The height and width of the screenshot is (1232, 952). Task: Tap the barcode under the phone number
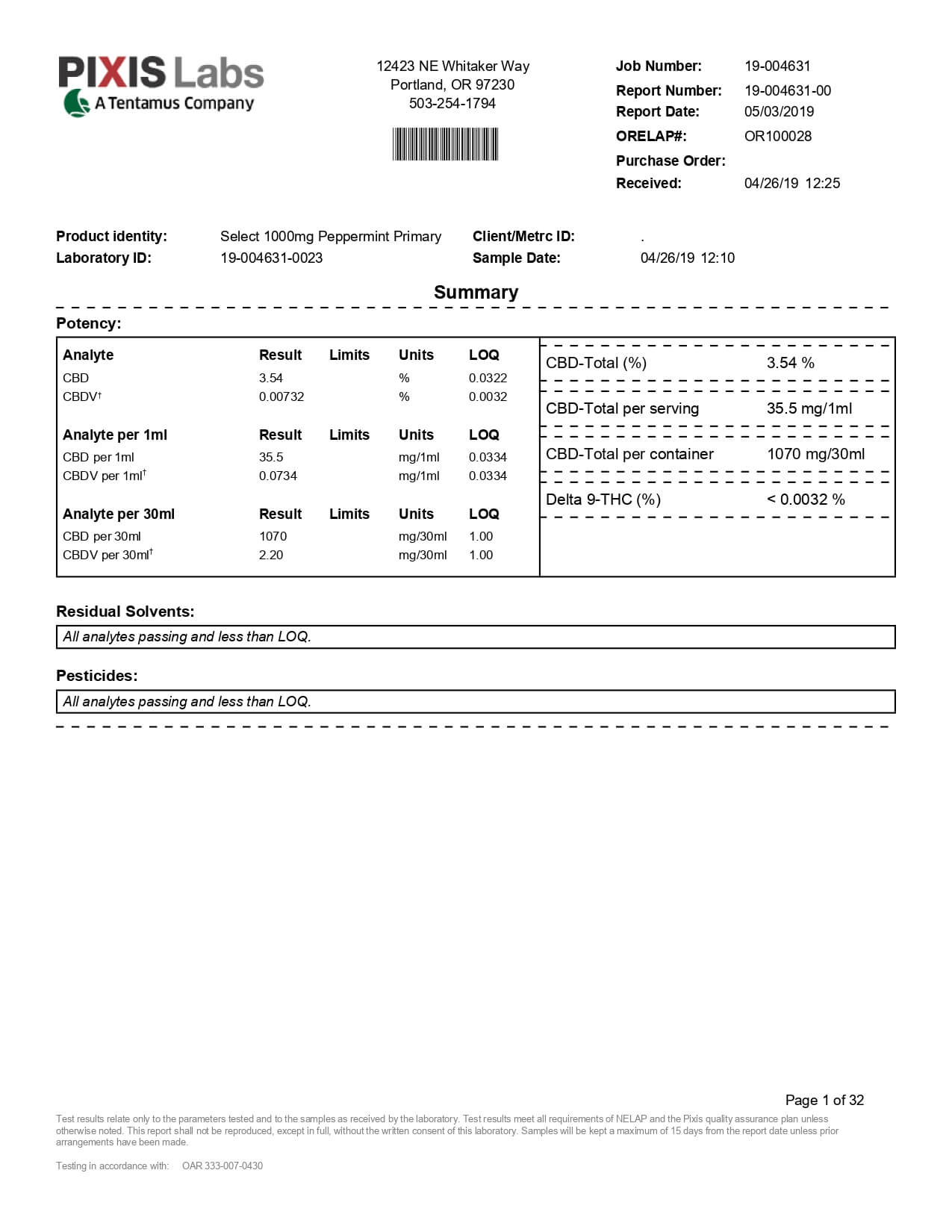pyautogui.click(x=446, y=144)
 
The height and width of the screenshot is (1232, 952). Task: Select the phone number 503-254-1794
pyautogui.click(x=452, y=104)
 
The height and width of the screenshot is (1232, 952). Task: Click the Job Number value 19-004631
pyautogui.click(x=777, y=66)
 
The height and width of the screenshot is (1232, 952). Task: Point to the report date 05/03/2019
pyautogui.click(x=779, y=112)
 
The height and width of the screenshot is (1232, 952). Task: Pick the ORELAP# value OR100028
pyautogui.click(x=777, y=137)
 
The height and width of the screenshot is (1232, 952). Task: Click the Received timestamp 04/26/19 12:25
pyautogui.click(x=791, y=184)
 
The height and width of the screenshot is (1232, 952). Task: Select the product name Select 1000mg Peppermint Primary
pyautogui.click(x=330, y=237)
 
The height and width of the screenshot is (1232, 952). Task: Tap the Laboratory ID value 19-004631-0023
pyautogui.click(x=271, y=258)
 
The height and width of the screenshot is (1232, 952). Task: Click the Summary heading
pyautogui.click(x=476, y=293)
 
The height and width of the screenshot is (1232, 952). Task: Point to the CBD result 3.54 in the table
pyautogui.click(x=271, y=379)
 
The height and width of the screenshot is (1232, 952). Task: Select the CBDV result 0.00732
pyautogui.click(x=281, y=397)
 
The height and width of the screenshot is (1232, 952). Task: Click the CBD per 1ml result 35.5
pyautogui.click(x=271, y=458)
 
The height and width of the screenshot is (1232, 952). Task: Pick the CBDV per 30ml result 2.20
pyautogui.click(x=271, y=556)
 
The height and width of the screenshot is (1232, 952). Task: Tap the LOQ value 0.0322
pyautogui.click(x=488, y=379)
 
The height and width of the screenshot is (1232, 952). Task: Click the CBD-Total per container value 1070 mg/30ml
pyautogui.click(x=815, y=454)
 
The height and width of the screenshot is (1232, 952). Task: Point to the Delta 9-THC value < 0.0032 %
pyautogui.click(x=806, y=500)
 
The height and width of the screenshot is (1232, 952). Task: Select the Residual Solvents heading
pyautogui.click(x=125, y=612)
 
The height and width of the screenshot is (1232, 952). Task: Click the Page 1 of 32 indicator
pyautogui.click(x=824, y=1100)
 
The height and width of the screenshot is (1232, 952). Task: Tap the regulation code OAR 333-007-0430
pyautogui.click(x=223, y=1166)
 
